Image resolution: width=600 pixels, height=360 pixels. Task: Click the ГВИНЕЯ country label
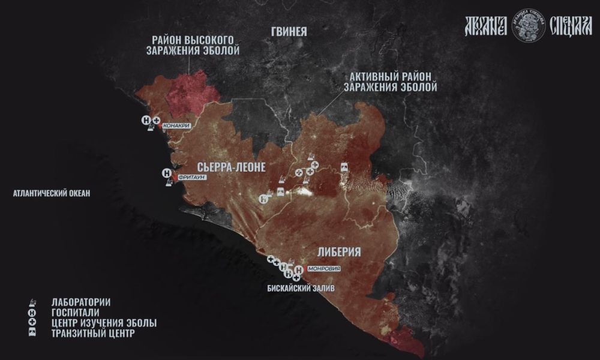pos(289,32)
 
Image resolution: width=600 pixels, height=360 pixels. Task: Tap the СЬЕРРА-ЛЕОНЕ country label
pos(231,167)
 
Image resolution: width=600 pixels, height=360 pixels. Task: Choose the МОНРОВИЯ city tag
pos(323,269)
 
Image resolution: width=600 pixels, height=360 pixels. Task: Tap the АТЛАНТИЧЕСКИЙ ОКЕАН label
pos(51,193)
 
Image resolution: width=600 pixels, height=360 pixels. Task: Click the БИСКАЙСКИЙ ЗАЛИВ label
pos(301,289)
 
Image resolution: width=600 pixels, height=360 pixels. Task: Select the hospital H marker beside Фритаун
pos(167,174)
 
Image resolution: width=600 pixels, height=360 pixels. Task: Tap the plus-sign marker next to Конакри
pos(156,121)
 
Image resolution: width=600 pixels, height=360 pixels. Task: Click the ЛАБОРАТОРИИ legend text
pos(81,302)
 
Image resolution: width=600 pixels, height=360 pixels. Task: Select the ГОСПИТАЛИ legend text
pos(76,313)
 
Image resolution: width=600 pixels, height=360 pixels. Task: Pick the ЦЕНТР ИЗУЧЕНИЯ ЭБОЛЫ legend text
pos(104,323)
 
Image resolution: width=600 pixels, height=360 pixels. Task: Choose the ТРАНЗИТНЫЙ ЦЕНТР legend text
pos(93,334)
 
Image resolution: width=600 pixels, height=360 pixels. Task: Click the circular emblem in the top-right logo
pos(529,25)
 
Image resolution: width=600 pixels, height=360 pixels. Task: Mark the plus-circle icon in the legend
pos(32,323)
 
